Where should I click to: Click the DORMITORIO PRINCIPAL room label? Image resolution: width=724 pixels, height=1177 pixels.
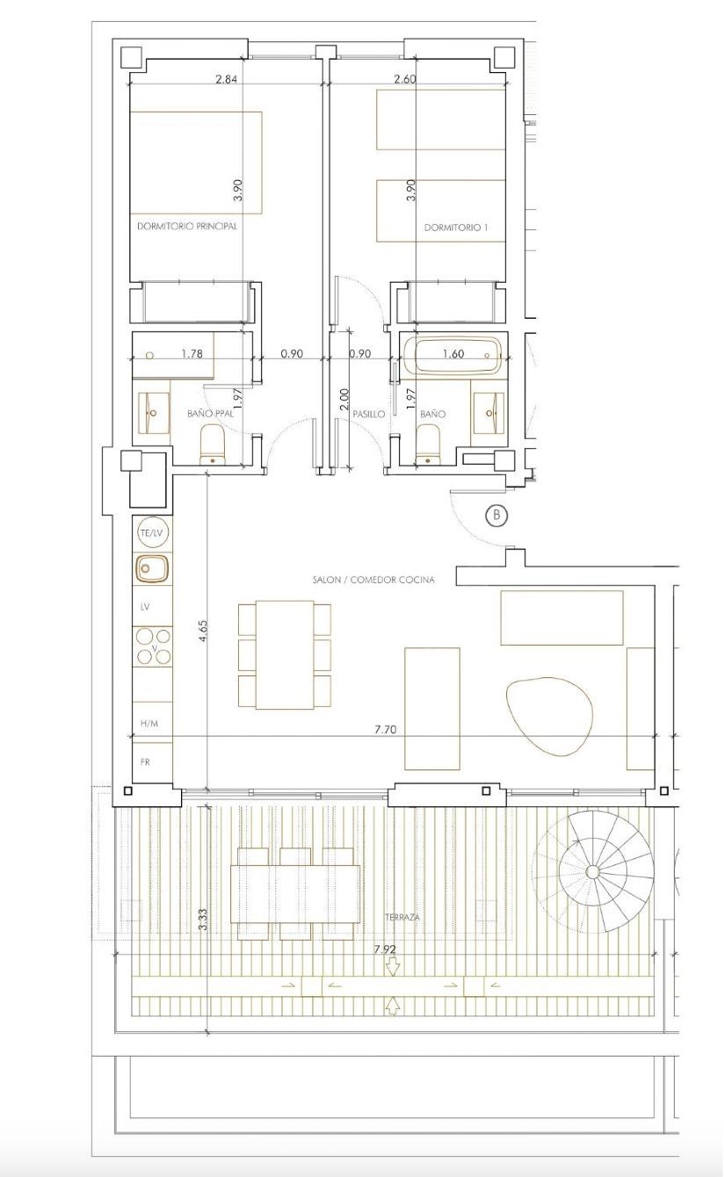tap(187, 226)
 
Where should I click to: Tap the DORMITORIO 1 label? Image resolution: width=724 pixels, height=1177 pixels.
tap(456, 227)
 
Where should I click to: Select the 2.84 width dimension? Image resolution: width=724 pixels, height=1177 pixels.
tap(227, 79)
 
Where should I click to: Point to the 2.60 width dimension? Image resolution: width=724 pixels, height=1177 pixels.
tap(405, 79)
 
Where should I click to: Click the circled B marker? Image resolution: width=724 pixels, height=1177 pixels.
tap(496, 515)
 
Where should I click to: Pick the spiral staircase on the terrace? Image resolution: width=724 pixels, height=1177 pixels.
tap(593, 870)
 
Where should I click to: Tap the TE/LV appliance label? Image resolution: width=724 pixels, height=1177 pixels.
tap(151, 533)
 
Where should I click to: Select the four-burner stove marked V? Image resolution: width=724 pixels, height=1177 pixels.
tap(153, 646)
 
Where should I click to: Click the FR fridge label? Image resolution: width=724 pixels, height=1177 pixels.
tap(146, 762)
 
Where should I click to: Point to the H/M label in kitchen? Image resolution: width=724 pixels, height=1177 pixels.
tap(149, 724)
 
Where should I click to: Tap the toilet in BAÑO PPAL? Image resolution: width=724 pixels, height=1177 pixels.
tap(214, 444)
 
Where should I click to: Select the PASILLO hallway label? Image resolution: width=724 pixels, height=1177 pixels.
tap(368, 413)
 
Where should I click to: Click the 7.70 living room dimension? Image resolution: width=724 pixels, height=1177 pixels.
tap(387, 729)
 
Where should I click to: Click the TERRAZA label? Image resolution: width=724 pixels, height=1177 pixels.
tap(402, 917)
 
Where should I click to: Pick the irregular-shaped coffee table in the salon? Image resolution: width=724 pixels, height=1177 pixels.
tap(550, 716)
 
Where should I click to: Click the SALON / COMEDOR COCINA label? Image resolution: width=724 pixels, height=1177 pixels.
tap(373, 580)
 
